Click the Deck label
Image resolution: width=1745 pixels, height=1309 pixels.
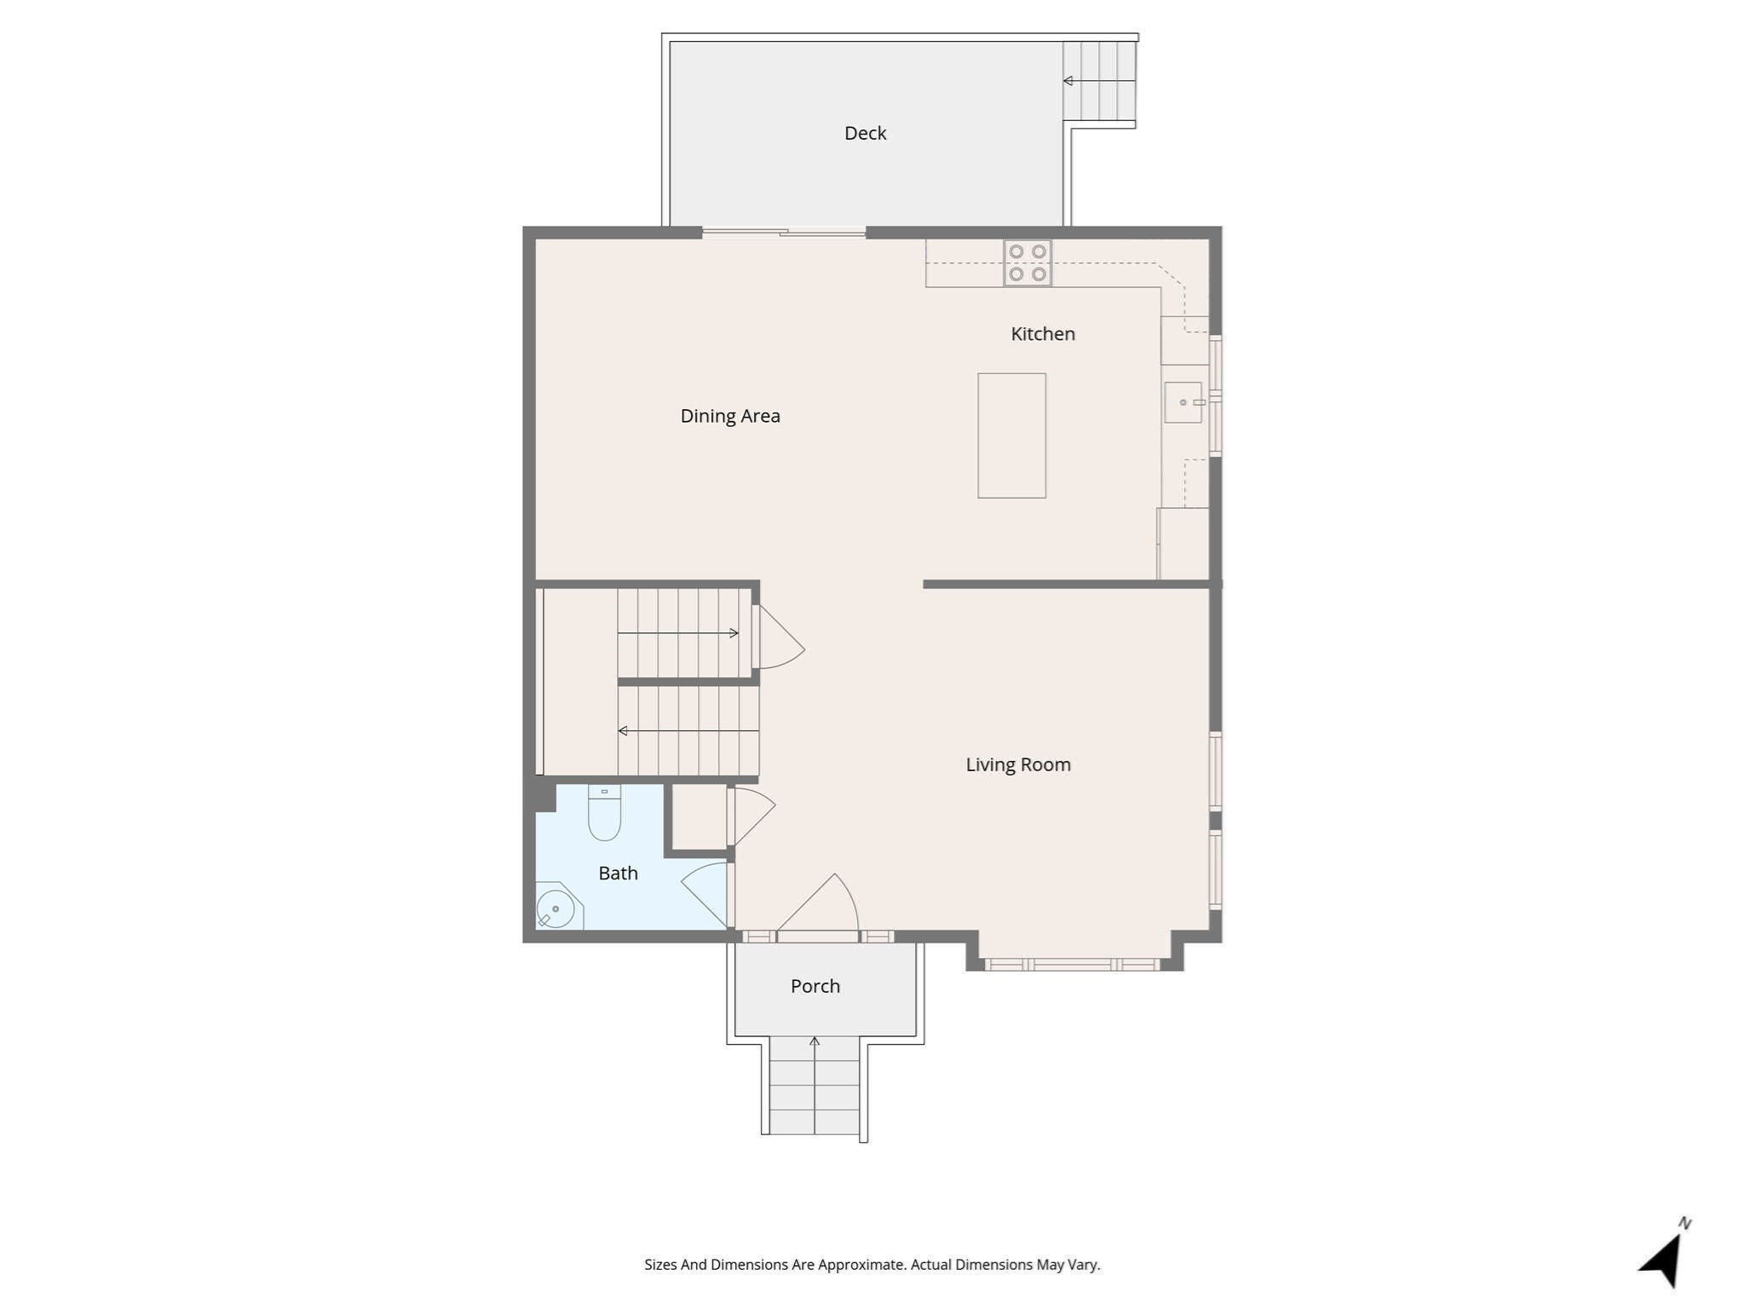coord(865,133)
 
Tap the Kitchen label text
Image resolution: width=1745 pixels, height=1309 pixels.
coord(1042,334)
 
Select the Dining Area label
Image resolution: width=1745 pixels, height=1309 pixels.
coord(729,416)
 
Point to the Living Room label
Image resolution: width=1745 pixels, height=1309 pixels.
coord(1017,764)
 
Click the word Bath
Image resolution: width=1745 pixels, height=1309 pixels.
coord(618,873)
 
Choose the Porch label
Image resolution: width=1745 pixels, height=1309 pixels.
coord(815,986)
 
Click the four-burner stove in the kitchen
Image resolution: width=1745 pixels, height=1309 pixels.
coord(1027,262)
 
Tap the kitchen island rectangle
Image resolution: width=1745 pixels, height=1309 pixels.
coord(1011,435)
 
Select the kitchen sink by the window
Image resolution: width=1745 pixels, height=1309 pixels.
coord(1183,402)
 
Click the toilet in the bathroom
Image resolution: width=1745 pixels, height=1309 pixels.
coord(604,814)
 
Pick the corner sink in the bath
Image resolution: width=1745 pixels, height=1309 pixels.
coord(556,908)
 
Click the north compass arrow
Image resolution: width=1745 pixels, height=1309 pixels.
coord(1662,1260)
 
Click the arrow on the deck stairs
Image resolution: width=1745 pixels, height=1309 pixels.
coord(1098,81)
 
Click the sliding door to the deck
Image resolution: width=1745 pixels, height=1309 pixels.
coord(784,232)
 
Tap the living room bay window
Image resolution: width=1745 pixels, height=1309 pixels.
coord(1073,965)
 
